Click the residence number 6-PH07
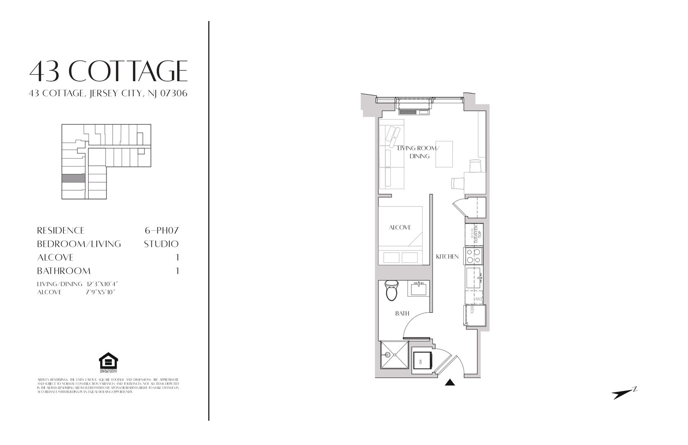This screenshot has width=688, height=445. (160, 230)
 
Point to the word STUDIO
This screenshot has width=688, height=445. (161, 244)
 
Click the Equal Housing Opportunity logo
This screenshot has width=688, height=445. (108, 362)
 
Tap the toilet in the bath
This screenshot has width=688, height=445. (390, 291)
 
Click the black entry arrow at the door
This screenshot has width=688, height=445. (451, 383)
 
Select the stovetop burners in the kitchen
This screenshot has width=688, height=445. (473, 256)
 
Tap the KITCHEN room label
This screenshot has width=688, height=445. (447, 257)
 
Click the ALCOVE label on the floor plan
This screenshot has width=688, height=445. (400, 227)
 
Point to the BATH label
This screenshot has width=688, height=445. (402, 314)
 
